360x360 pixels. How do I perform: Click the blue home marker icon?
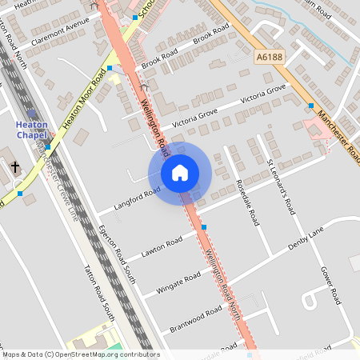point(180,173)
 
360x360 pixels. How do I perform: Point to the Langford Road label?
point(138,197)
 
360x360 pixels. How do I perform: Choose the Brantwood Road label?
point(196,319)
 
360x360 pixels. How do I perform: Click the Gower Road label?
point(330,285)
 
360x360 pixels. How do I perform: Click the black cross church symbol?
point(16,167)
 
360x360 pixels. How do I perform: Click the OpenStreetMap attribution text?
point(80,354)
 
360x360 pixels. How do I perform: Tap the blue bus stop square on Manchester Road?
point(310,105)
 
